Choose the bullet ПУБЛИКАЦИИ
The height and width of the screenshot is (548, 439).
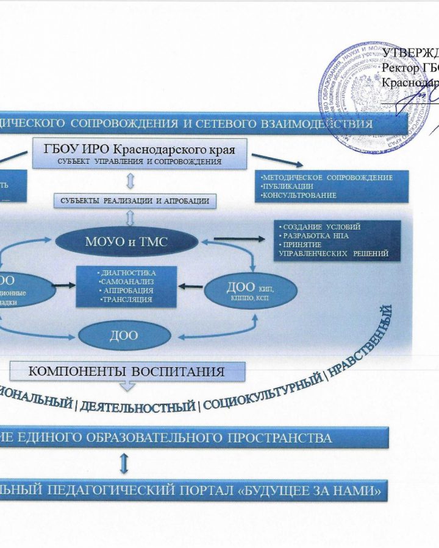pos(287,186)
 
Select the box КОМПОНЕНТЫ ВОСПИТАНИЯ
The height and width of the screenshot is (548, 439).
pos(128,370)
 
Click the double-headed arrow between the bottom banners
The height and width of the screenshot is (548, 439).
pos(125,465)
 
